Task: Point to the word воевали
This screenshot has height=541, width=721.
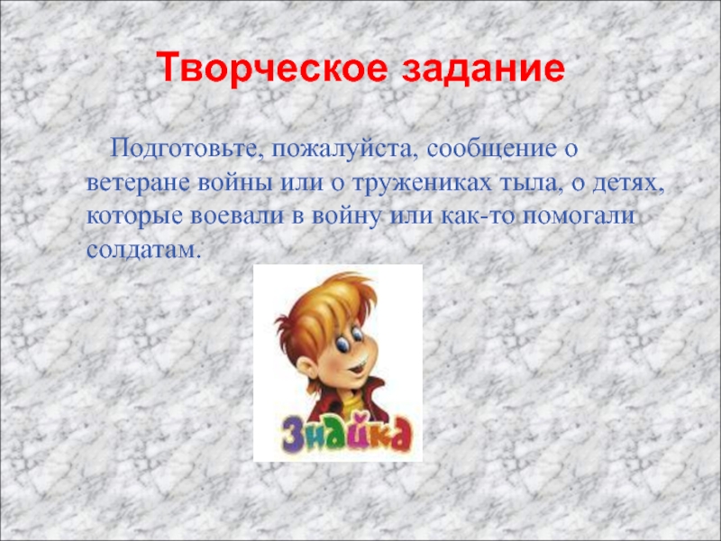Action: [x=237, y=216]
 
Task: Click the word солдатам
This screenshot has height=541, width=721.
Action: [x=141, y=249]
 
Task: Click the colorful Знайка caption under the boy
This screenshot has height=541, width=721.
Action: [x=347, y=436]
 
